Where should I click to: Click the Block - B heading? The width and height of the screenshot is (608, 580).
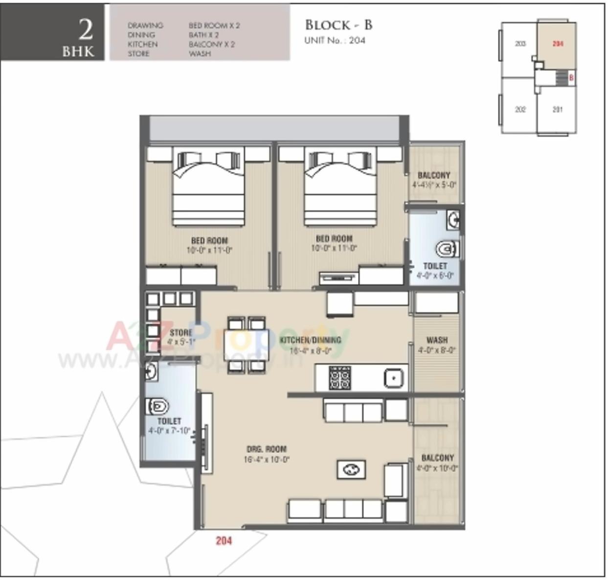pyautogui.click(x=338, y=25)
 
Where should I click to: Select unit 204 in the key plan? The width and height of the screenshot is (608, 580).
pyautogui.click(x=558, y=44)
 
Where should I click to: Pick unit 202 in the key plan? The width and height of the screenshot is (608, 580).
pyautogui.click(x=520, y=109)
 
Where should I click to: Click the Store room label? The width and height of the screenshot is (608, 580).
pyautogui.click(x=181, y=333)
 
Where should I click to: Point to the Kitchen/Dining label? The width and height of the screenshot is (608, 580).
pyautogui.click(x=310, y=340)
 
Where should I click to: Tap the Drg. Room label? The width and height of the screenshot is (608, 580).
pyautogui.click(x=267, y=449)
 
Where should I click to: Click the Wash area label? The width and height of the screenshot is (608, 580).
pyautogui.click(x=437, y=340)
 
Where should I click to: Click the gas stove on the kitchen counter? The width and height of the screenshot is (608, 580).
pyautogui.click(x=339, y=378)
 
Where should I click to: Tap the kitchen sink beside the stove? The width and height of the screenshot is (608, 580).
pyautogui.click(x=393, y=378)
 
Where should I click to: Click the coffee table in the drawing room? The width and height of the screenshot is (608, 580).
pyautogui.click(x=351, y=470)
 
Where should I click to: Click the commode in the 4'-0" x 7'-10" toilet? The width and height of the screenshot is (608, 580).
pyautogui.click(x=158, y=406)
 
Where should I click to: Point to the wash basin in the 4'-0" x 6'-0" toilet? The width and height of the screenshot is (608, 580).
pyautogui.click(x=453, y=219)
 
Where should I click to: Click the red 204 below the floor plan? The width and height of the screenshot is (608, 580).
pyautogui.click(x=224, y=541)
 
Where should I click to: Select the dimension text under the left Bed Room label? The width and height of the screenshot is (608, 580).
pyautogui.click(x=209, y=250)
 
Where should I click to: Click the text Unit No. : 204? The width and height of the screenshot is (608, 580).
pyautogui.click(x=335, y=41)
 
